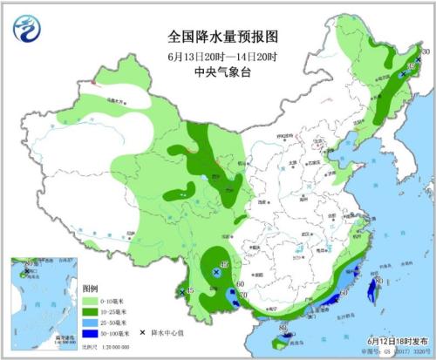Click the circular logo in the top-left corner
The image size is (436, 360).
coord(27,28)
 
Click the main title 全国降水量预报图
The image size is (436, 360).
coord(222,37)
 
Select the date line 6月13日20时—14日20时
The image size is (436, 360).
coord(222,57)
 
